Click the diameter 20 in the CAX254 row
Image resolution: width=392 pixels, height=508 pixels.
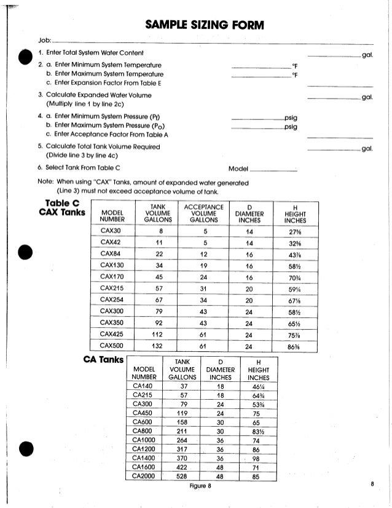(x=249, y=300)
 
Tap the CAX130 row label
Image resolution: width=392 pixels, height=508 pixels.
(x=111, y=266)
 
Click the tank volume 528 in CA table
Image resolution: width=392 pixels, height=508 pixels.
(x=182, y=475)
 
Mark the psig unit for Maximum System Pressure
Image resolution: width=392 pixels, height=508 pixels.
(x=291, y=127)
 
